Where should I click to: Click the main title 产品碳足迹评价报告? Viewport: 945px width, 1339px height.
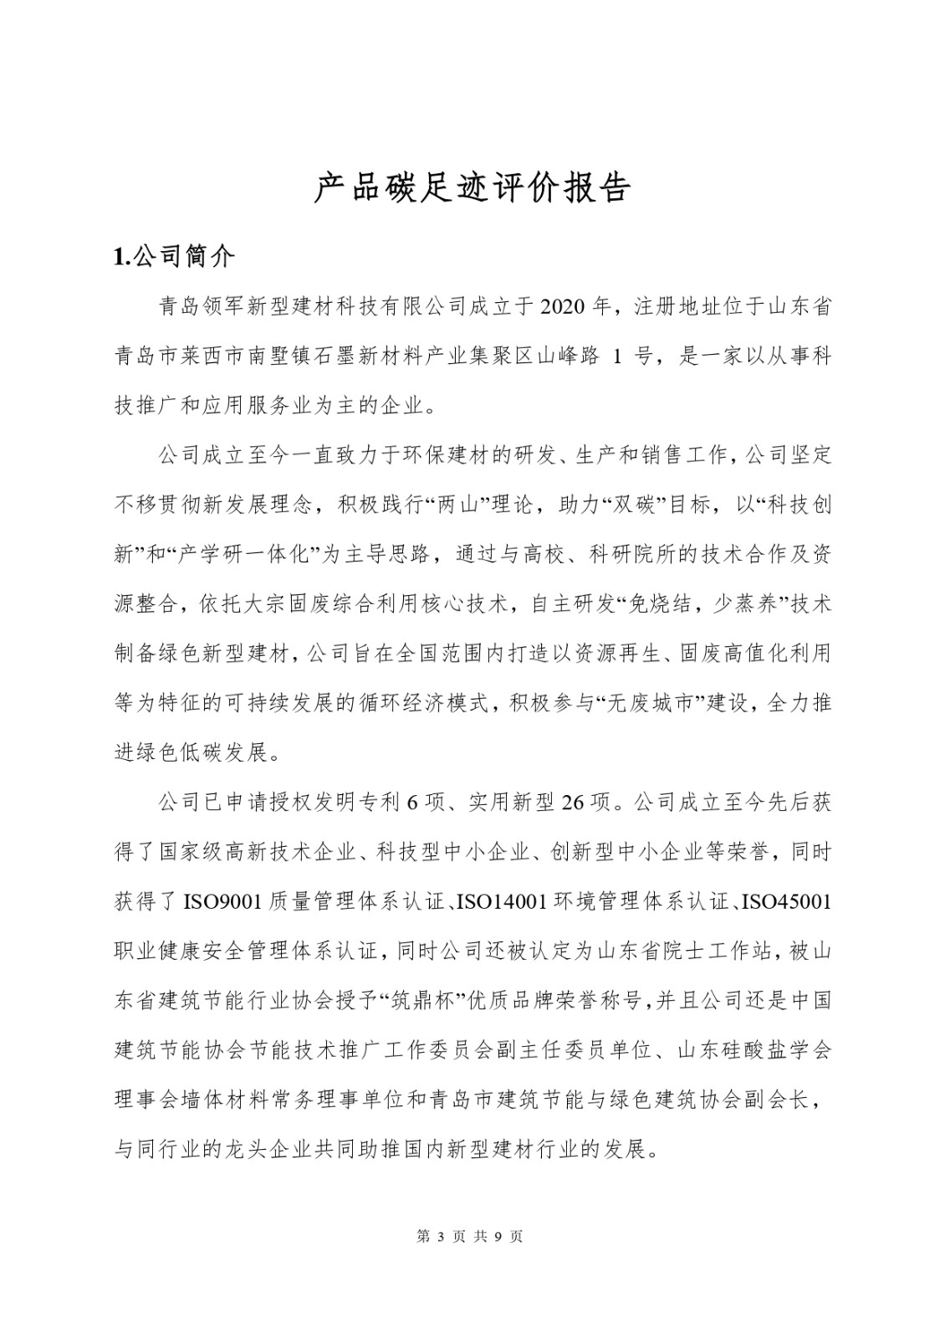click(x=472, y=189)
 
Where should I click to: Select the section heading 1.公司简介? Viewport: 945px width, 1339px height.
click(x=174, y=256)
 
